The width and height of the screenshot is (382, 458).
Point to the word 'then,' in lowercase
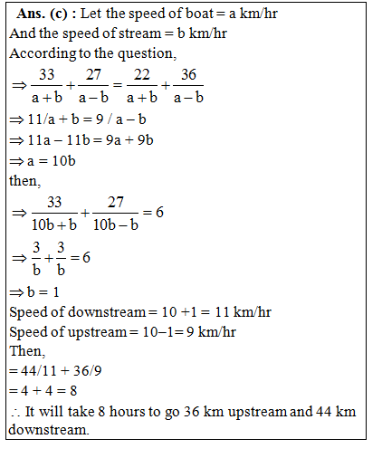tap(24, 181)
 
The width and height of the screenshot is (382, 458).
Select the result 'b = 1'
tap(46, 292)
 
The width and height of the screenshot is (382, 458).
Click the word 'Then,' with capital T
tap(26, 351)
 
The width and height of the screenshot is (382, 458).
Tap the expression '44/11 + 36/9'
tap(59, 371)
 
